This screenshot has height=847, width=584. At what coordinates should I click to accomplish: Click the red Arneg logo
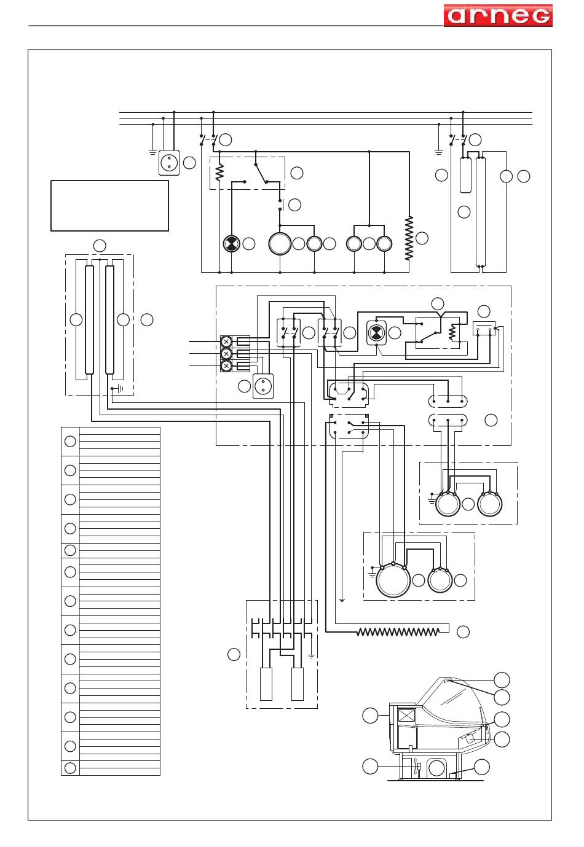(x=498, y=15)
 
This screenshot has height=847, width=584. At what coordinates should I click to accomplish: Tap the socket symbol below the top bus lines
(x=169, y=163)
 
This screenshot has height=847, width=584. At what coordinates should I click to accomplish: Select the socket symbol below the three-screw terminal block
(x=263, y=386)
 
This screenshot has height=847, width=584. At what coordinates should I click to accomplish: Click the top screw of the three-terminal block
(x=226, y=342)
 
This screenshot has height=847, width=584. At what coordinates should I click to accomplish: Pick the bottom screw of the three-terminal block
(x=226, y=366)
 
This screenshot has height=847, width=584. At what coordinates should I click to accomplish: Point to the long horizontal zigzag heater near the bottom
(x=398, y=631)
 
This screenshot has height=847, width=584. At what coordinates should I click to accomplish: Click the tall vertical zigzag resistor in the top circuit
(x=409, y=238)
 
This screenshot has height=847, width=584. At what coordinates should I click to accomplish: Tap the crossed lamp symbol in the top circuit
(x=231, y=244)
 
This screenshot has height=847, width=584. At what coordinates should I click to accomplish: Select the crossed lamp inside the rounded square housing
(x=376, y=333)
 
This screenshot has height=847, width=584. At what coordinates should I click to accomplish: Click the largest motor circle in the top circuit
(x=280, y=244)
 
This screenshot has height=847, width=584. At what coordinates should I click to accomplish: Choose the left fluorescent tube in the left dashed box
(x=89, y=320)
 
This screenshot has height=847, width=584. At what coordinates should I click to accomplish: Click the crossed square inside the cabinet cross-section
(x=407, y=717)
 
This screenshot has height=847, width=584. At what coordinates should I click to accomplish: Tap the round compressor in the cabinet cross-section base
(x=436, y=768)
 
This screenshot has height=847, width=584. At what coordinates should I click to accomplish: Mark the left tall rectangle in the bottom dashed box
(x=266, y=684)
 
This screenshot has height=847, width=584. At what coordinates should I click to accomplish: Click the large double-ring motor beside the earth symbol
(x=393, y=580)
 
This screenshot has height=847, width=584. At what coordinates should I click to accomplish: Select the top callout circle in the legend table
(x=70, y=441)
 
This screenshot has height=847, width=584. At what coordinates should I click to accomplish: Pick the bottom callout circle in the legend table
(x=70, y=768)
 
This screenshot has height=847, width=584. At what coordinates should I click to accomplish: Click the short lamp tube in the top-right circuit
(x=465, y=175)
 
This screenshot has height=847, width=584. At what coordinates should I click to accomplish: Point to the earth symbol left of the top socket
(x=152, y=152)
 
